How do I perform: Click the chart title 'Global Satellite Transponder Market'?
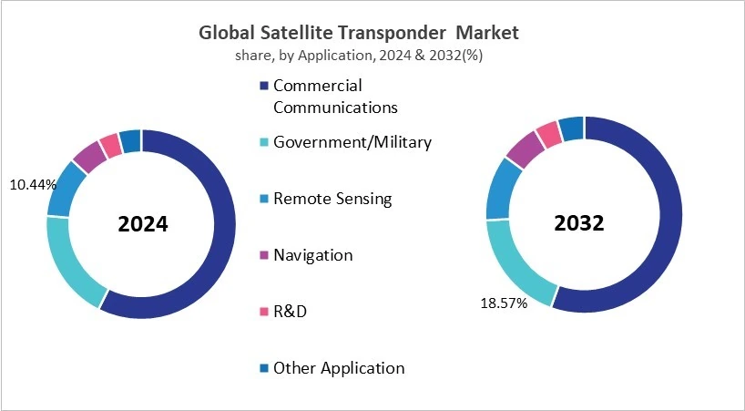pos(359,33)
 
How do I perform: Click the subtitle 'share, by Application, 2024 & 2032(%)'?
pos(359,55)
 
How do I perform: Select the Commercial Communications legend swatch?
pos(264,86)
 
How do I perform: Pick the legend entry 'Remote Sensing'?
pos(332,199)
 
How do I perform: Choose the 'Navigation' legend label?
pos(312,255)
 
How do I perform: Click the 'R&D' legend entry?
pos(290,312)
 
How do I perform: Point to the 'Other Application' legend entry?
pos(338,368)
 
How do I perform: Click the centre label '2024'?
pos(142,224)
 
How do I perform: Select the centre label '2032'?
pos(580,223)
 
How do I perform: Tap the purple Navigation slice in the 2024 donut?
pos(89,157)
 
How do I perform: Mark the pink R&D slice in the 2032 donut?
pos(548,135)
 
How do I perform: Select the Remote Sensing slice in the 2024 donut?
pos(65,189)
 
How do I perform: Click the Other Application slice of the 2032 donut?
pos(571,128)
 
